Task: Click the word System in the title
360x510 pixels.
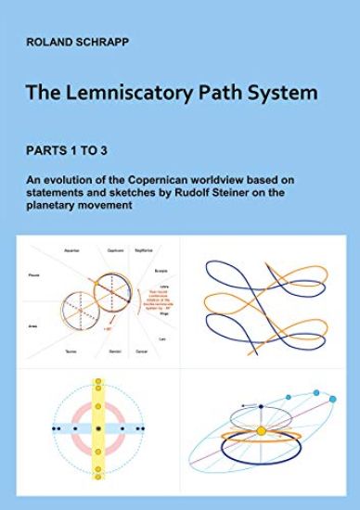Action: coord(283,93)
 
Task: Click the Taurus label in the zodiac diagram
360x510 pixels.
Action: coord(71,352)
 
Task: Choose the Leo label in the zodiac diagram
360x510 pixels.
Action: coord(163,340)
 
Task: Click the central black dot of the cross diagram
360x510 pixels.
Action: coord(96,431)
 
